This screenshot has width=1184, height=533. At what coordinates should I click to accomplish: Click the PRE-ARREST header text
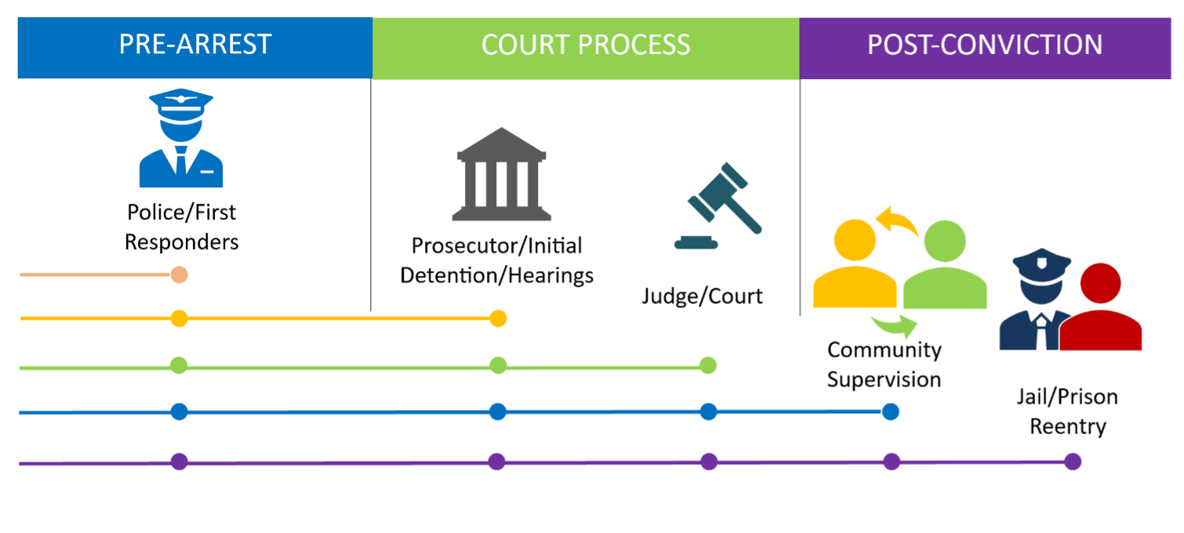195,45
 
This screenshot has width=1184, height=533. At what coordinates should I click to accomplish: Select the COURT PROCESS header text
586,45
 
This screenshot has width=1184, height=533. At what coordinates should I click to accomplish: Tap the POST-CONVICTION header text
984,45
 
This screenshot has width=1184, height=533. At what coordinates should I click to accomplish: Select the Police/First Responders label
181,227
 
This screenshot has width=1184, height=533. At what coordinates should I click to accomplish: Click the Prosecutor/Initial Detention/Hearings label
496,260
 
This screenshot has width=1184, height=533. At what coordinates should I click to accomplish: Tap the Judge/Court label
702,296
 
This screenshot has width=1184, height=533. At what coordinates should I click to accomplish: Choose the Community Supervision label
884,364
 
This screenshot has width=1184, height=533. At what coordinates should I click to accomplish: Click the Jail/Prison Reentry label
1067,412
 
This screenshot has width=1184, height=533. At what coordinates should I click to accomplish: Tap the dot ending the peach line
179,275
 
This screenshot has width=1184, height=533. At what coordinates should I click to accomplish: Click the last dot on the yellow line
498,318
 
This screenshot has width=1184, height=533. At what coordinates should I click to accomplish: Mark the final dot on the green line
708,365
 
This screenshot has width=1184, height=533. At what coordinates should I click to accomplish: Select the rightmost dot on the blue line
890,412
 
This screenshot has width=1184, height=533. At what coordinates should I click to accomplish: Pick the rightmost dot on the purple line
1073,462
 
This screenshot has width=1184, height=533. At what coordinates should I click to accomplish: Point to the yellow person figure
854,266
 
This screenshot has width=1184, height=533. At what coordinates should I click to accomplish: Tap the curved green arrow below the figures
894,324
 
